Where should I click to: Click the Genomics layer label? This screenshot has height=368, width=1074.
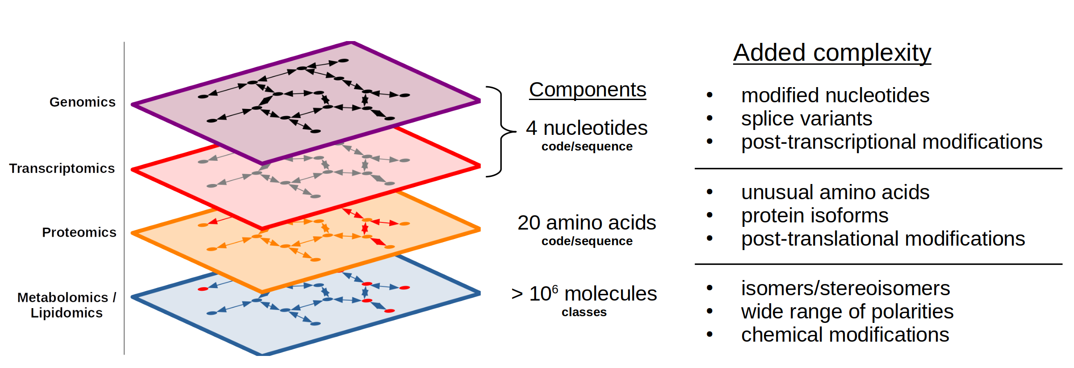click(x=83, y=102)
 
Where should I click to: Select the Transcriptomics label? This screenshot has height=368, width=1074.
click(x=62, y=168)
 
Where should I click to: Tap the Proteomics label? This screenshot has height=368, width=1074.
click(x=79, y=232)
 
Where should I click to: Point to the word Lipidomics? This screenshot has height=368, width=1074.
click(x=67, y=313)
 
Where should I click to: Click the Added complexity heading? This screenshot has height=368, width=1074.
click(x=832, y=53)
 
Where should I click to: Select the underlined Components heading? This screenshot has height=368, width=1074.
click(x=587, y=90)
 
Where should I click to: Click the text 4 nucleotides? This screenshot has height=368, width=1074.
click(x=587, y=128)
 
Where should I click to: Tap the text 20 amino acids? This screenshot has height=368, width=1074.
click(x=587, y=223)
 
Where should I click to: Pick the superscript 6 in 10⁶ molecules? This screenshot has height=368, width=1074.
click(x=555, y=289)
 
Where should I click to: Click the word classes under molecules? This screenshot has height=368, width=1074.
click(x=584, y=312)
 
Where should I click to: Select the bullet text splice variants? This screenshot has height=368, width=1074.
click(x=806, y=119)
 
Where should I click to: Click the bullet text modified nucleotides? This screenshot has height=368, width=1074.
click(x=835, y=96)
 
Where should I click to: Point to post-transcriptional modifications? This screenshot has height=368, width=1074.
click(x=891, y=142)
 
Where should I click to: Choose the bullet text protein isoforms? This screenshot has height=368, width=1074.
click(x=814, y=216)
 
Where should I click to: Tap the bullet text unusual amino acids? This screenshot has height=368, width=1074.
click(x=835, y=192)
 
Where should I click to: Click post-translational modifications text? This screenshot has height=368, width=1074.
click(x=883, y=239)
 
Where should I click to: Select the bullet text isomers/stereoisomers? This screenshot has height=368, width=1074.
click(x=845, y=289)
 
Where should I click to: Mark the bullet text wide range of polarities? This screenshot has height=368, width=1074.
click(x=847, y=312)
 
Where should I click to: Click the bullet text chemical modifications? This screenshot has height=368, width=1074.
click(x=845, y=335)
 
